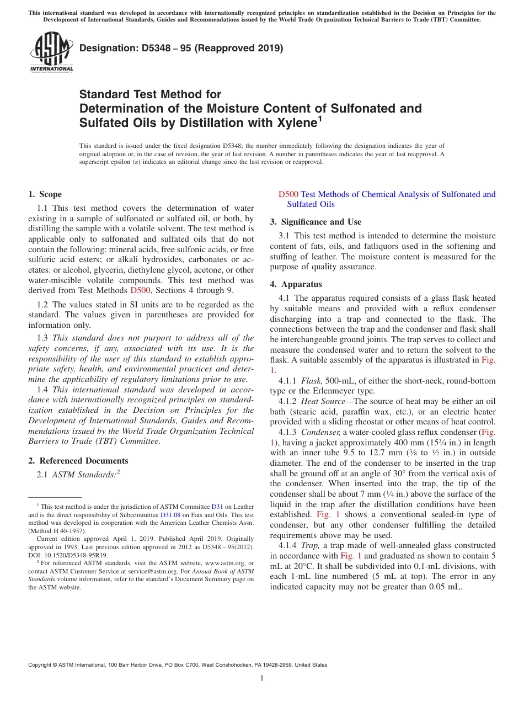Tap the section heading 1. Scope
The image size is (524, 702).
[x=45, y=194]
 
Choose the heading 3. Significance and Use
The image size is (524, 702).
[x=316, y=222]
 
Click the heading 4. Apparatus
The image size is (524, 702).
[x=296, y=284]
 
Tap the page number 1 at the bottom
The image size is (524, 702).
[x=262, y=678]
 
